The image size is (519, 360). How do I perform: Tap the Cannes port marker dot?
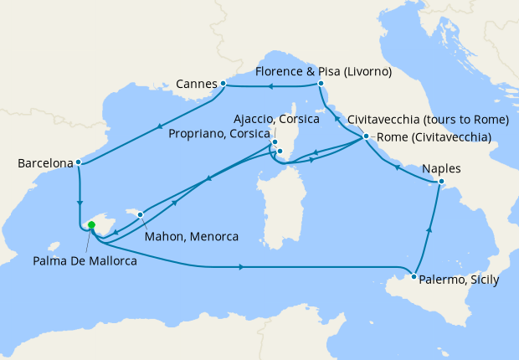[223, 84]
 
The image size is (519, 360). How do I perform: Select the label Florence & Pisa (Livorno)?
[324, 72]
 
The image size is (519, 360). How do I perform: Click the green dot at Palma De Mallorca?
[91, 224]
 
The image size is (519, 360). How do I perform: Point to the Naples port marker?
[443, 183]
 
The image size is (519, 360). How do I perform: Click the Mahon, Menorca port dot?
[141, 214]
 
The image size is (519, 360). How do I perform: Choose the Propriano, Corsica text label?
[220, 134]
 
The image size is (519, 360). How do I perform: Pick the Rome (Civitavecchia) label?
[434, 137]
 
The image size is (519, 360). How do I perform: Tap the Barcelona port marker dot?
[78, 162]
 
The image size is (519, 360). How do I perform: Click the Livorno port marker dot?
[321, 84]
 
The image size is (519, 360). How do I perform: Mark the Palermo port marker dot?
[414, 275]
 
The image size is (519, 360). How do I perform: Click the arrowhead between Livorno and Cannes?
[270, 85]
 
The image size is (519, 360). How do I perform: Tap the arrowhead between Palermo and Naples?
[430, 229]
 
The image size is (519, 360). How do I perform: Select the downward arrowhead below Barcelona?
[80, 203]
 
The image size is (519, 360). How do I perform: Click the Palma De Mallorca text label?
[85, 260]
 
